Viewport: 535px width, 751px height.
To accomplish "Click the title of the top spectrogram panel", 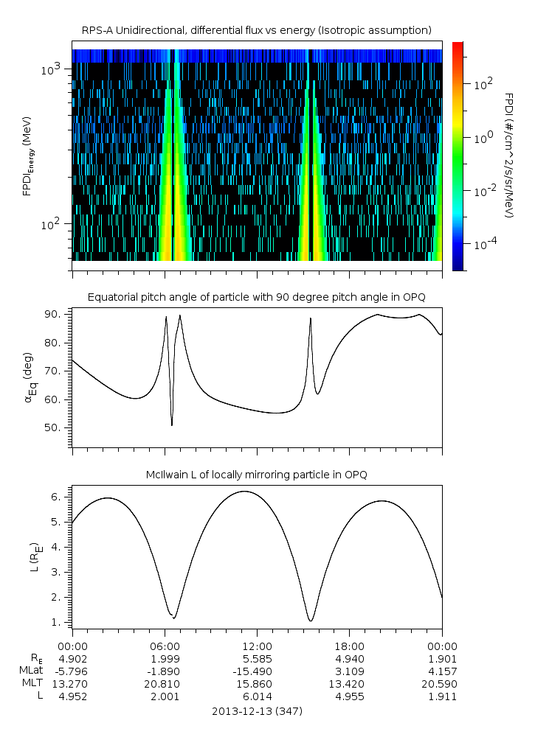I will pyautogui.click(x=256, y=30).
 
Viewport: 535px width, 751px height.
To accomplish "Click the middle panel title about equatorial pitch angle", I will pyautogui.click(x=256, y=297).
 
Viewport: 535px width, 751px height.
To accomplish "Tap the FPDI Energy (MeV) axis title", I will pyautogui.click(x=28, y=156).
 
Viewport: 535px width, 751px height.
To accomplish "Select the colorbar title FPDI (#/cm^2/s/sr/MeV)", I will pyautogui.click(x=508, y=156).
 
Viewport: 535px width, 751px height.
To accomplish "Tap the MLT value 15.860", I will pyautogui.click(x=257, y=683).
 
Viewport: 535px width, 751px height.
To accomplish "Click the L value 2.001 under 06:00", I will pyautogui.click(x=165, y=696).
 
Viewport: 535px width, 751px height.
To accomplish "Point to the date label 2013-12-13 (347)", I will pyautogui.click(x=257, y=711).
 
